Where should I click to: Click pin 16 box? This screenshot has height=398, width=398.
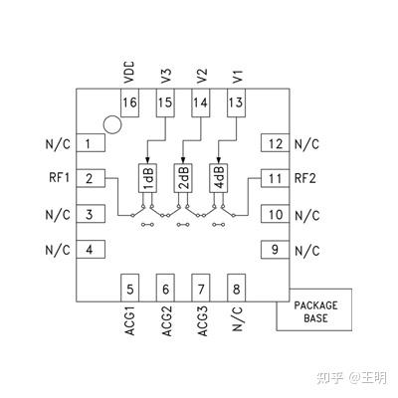(x=129, y=103)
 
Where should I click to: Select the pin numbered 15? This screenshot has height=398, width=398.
(x=165, y=103)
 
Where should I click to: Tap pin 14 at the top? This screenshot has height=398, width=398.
(x=200, y=103)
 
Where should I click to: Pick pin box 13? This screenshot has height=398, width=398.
(x=236, y=103)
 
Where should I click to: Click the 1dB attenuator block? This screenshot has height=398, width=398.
(x=146, y=177)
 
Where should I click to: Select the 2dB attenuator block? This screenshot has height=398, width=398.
(x=182, y=177)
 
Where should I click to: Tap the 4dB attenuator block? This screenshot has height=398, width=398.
(x=218, y=177)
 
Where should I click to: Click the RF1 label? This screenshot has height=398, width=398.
(x=56, y=178)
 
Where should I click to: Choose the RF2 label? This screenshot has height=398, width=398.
(x=304, y=178)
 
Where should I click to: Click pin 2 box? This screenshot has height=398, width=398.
(x=91, y=178)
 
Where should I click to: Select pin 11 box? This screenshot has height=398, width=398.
(x=274, y=178)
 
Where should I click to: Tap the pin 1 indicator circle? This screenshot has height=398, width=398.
(x=113, y=126)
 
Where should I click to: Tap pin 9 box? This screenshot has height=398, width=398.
(x=274, y=249)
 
